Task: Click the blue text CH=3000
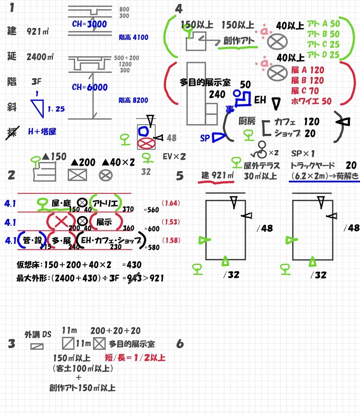click(x=89, y=24)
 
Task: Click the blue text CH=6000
click(x=90, y=87)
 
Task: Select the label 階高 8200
click(x=133, y=100)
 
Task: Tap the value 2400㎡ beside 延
click(x=40, y=57)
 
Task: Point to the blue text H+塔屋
click(x=42, y=131)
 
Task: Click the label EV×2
click(x=174, y=157)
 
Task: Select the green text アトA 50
click(x=323, y=24)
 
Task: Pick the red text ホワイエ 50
click(x=311, y=102)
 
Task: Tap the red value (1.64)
click(x=171, y=203)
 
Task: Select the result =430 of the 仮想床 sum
click(x=132, y=265)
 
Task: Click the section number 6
click(x=180, y=344)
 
